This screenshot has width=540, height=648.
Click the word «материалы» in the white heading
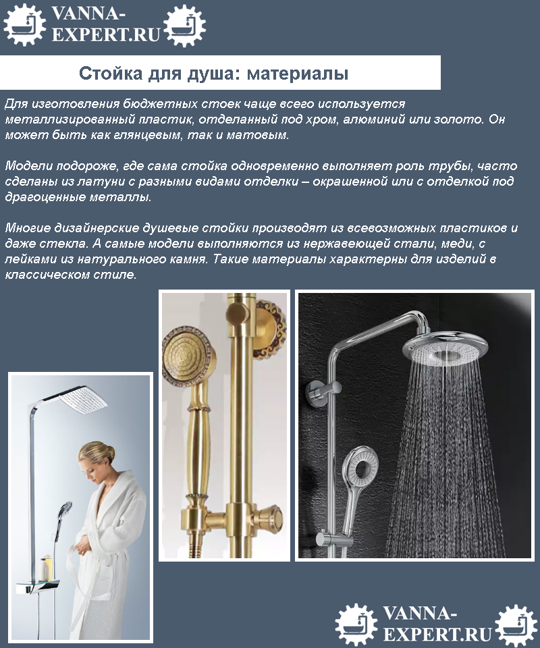[x=298, y=74]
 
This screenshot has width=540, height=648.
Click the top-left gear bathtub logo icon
[x=24, y=25]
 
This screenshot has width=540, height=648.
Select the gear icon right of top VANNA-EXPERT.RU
[x=185, y=25]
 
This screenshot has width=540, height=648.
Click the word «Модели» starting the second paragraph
[x=29, y=166]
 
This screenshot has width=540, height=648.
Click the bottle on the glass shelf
[x=44, y=568]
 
